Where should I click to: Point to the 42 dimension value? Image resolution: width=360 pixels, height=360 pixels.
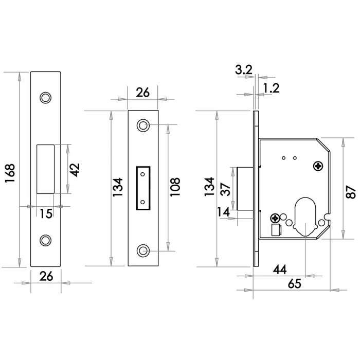(x=75, y=170)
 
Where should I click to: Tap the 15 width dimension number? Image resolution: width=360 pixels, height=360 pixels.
(x=46, y=213)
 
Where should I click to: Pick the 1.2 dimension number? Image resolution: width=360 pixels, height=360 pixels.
(x=271, y=88)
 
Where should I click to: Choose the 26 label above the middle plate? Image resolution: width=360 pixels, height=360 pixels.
(x=142, y=93)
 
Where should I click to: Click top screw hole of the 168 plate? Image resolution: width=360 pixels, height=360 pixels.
(x=46, y=97)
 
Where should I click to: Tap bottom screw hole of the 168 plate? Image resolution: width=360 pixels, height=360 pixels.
(x=46, y=239)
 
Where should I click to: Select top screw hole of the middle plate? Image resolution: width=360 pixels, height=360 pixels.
(x=142, y=125)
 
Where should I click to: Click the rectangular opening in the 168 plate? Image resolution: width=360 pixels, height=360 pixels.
(x=46, y=169)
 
